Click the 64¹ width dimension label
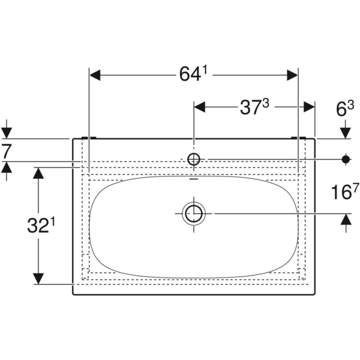[x=193, y=74]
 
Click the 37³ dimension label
[x=253, y=107]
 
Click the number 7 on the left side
[x=6, y=151]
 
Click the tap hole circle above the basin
[x=193, y=159]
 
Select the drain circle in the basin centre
[x=193, y=213]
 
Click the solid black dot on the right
[x=346, y=159]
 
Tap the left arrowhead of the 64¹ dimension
[x=96, y=75]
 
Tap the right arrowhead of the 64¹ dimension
[x=291, y=75]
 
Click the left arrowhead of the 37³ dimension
[x=200, y=107]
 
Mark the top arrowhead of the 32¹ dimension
[x=38, y=173]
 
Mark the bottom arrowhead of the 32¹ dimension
[x=38, y=278]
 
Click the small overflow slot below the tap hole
[x=193, y=178]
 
